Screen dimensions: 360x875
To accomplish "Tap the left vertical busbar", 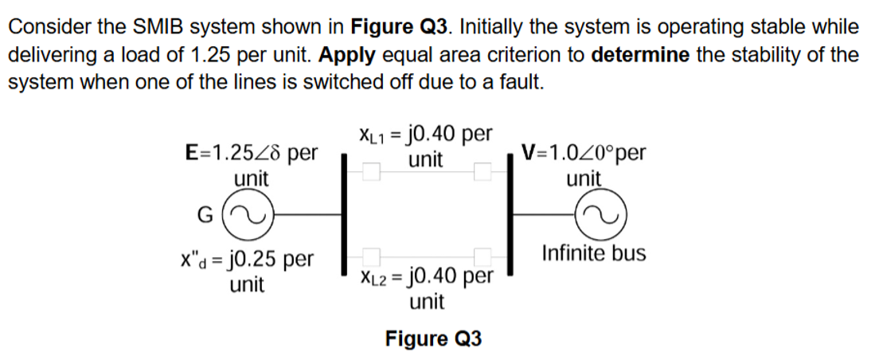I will pos(344,213).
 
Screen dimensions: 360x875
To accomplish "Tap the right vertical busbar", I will pos(506,213).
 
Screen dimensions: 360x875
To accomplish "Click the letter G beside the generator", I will pos(203,213).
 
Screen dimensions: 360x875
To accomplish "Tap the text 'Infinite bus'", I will pos(593,254).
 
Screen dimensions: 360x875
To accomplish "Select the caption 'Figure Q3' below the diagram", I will pos(434,339).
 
